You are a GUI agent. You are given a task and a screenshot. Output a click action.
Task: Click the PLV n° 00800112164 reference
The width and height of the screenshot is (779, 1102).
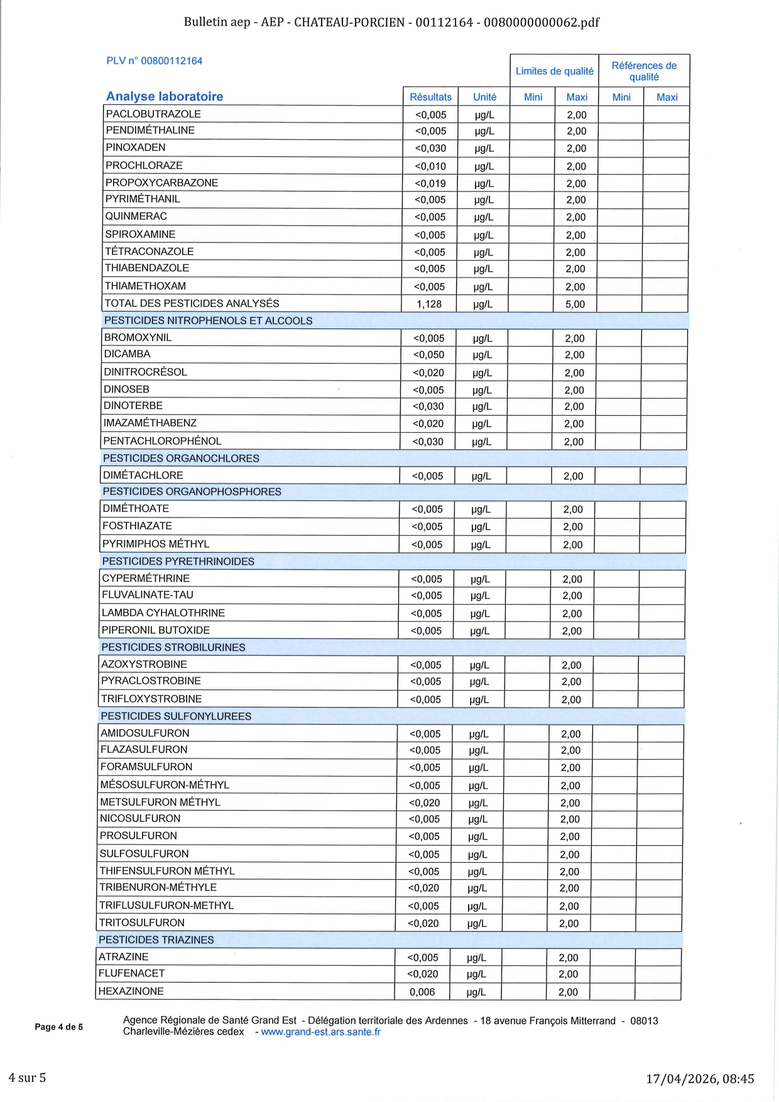tap(154, 61)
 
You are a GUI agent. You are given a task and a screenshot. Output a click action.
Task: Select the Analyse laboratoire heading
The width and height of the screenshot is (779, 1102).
tap(165, 96)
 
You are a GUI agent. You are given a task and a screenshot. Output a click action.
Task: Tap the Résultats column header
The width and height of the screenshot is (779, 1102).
tap(430, 97)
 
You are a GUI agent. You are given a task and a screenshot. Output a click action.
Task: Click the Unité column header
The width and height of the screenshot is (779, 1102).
tap(484, 97)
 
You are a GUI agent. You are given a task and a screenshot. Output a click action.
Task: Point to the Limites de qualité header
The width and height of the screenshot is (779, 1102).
tap(554, 71)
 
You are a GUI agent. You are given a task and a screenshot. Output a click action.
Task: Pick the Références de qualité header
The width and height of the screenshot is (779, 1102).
tap(644, 71)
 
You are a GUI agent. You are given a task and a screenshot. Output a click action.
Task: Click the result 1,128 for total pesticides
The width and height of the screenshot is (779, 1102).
tap(429, 304)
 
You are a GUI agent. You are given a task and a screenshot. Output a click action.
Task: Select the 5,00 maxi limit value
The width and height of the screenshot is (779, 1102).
tap(575, 304)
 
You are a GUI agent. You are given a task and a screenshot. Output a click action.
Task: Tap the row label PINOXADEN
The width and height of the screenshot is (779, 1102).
tap(136, 148)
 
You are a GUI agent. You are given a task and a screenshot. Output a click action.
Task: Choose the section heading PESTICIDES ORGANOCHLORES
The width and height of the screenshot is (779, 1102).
tap(181, 458)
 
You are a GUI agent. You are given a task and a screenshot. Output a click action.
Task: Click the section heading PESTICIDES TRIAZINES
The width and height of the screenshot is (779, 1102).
tap(156, 939)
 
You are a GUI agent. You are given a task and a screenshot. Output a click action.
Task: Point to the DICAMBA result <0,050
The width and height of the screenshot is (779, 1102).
tap(428, 355)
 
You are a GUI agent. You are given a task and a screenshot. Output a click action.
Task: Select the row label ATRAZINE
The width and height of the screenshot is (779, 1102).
tap(124, 956)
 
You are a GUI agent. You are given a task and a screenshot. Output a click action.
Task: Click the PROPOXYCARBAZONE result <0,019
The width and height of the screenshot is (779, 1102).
tap(430, 183)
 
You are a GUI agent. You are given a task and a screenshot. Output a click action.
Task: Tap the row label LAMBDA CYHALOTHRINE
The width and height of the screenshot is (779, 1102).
tap(163, 613)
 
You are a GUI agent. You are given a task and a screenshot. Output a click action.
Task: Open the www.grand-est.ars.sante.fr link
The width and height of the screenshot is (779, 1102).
tap(320, 1032)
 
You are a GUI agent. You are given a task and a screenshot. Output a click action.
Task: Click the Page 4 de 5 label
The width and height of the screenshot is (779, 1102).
tap(58, 1027)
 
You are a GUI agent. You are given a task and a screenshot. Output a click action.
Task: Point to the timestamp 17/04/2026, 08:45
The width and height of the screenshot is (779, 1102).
tap(700, 1079)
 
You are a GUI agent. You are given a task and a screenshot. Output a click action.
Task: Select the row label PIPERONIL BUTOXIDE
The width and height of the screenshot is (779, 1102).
tap(156, 630)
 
